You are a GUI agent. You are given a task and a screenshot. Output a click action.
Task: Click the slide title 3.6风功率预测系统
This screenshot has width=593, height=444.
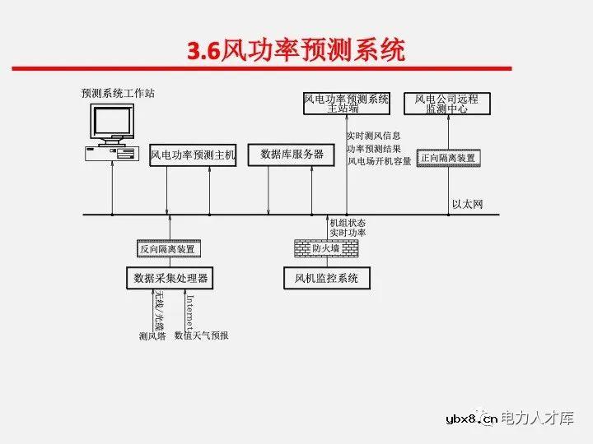pos(296,51)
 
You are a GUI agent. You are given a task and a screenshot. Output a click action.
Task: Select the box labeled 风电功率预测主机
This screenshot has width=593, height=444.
pos(193,155)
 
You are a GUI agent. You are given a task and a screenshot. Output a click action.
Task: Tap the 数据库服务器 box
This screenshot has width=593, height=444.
pos(292,154)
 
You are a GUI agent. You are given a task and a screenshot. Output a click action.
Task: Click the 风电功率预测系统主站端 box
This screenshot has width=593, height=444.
pos(347,103)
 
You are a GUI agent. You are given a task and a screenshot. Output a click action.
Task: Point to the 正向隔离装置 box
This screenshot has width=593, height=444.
pos(448,157)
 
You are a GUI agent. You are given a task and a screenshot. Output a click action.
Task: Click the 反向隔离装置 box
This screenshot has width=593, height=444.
pos(169,249)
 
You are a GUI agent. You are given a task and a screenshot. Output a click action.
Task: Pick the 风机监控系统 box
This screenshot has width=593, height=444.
pos(327,278)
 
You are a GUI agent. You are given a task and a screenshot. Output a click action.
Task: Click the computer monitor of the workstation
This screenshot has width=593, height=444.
pos(112,123)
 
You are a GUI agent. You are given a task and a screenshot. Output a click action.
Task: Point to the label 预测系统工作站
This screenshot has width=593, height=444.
pos(118,93)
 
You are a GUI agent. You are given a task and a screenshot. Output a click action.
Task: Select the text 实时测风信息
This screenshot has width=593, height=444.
pos(374,136)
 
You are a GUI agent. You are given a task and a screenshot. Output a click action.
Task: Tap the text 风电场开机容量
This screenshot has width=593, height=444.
pos(379,161)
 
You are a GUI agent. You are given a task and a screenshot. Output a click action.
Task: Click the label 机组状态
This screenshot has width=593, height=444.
pos(348,223)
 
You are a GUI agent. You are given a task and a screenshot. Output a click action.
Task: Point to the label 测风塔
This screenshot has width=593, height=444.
pos(153,335)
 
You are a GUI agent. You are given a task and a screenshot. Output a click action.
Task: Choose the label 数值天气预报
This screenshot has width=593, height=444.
pos(202,335)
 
